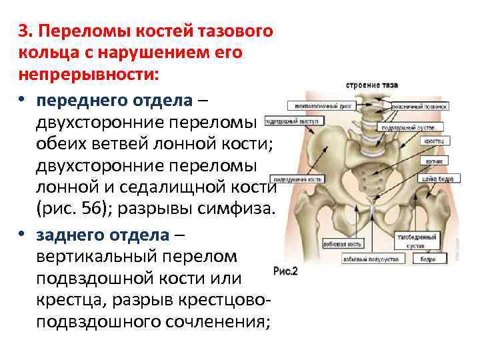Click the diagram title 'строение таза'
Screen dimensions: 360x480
coord(373,85)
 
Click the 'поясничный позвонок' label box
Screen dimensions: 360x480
coord(419,105)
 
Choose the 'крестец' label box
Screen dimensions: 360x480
coord(430,141)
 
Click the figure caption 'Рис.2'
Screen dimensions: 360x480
coord(285,271)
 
